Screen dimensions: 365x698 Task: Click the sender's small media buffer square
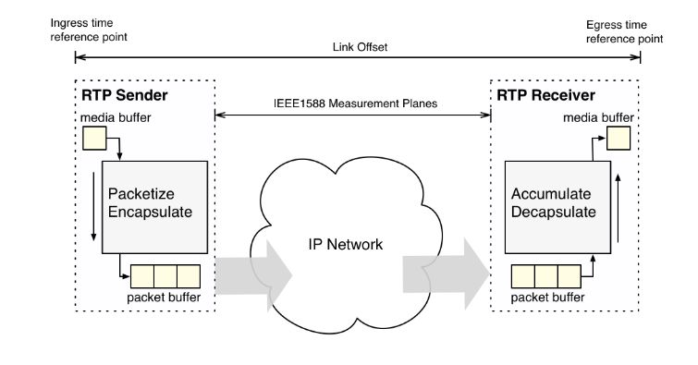pos(95,140)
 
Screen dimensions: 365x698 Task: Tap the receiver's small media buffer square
pos(618,139)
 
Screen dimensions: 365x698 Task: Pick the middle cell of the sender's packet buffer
pos(165,275)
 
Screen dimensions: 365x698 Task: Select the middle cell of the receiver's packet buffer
pos(545,275)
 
